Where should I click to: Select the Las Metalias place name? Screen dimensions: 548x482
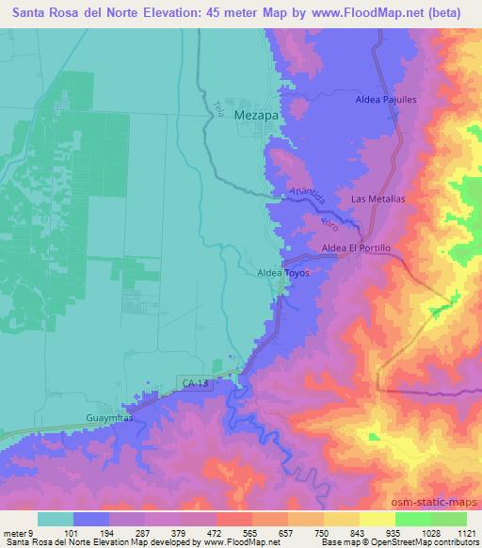(378, 200)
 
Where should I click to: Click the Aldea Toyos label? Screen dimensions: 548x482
(283, 273)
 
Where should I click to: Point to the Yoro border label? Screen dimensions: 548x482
(328, 224)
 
